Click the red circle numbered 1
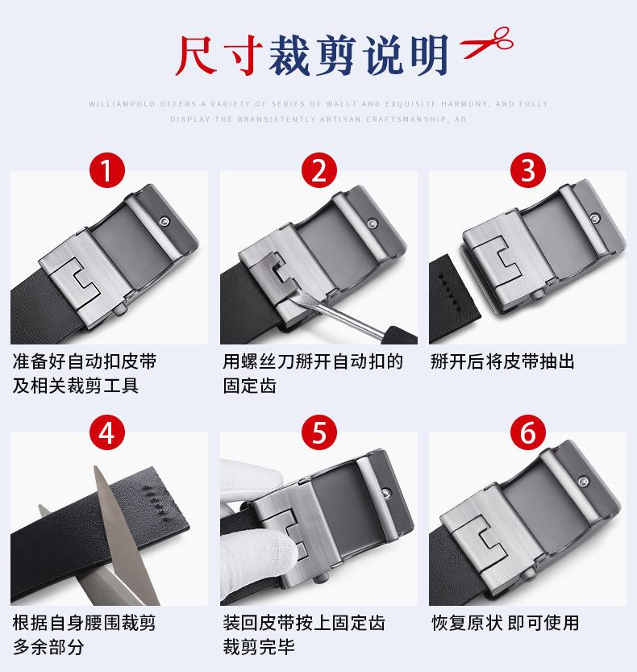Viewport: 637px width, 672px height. (x=106, y=169)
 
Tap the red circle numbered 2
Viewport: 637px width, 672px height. (x=318, y=169)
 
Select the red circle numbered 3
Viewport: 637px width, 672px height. (x=528, y=169)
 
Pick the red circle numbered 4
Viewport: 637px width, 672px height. (x=106, y=432)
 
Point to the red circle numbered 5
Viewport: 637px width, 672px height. (x=318, y=432)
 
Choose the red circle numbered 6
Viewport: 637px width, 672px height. (x=528, y=432)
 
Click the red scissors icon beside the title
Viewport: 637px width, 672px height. (x=486, y=42)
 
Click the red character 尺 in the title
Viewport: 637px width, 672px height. (x=196, y=55)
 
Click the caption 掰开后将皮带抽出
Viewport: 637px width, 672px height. (x=502, y=361)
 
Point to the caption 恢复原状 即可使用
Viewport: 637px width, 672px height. (x=506, y=623)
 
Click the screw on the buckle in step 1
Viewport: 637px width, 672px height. (x=164, y=221)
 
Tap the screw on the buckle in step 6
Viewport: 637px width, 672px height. (x=583, y=482)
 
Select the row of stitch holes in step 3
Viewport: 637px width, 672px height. (x=449, y=293)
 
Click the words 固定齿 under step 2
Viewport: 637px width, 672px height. (x=249, y=386)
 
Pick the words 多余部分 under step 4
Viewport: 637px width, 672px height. (x=48, y=647)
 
